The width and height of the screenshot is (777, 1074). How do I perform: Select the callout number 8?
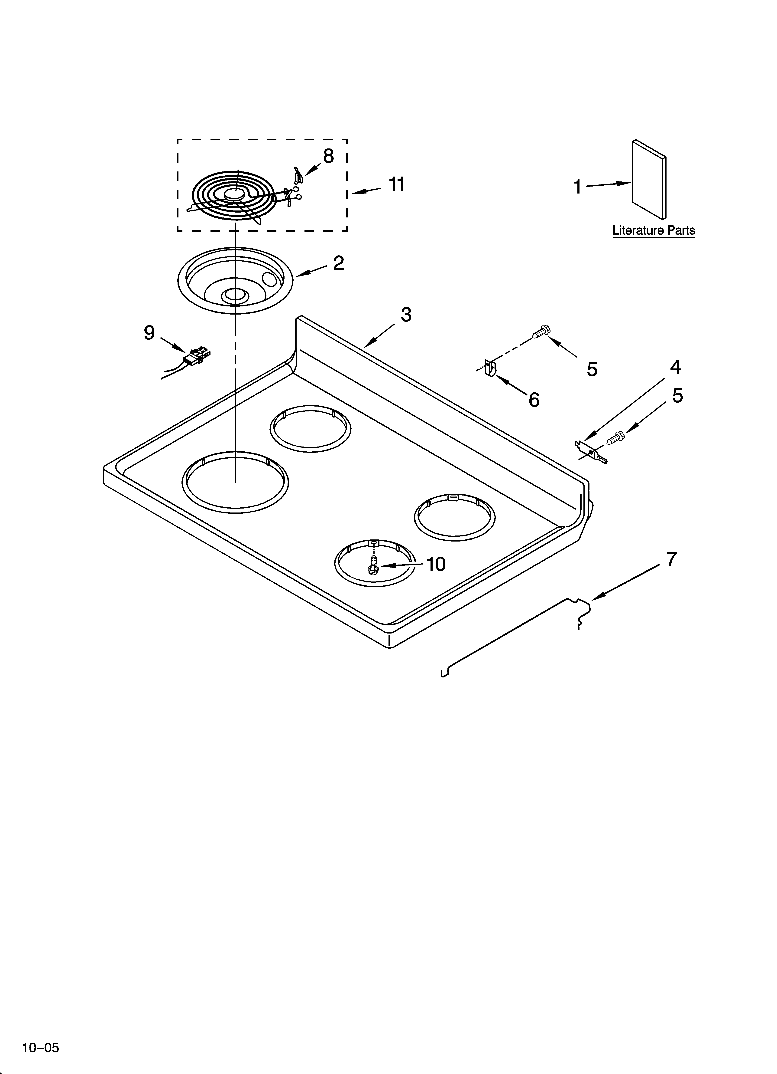328,156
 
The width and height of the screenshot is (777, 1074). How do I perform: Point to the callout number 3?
406,314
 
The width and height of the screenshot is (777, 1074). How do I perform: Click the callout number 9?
149,333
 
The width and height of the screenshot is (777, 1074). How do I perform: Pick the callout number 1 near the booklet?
577,187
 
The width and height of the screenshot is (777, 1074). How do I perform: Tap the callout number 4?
675,367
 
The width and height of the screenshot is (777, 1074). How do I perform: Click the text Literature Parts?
654,231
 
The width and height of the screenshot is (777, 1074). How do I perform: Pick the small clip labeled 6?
490,368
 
